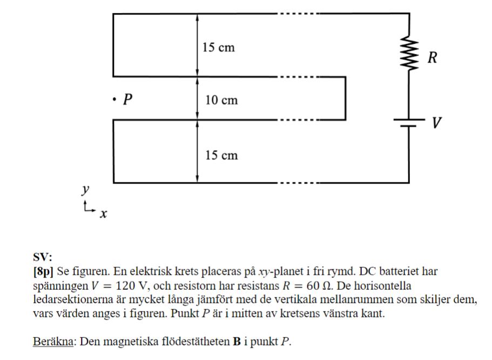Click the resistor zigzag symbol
coord(409,55)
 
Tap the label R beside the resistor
coord(432,58)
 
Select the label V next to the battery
coord(436,124)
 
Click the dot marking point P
coord(114,99)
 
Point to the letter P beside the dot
coord(127,99)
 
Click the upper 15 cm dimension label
coord(219,47)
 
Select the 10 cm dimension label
coord(221,100)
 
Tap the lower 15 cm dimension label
coord(221,155)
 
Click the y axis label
coord(85,189)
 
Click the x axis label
coord(103,214)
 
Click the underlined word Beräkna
coord(53,342)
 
